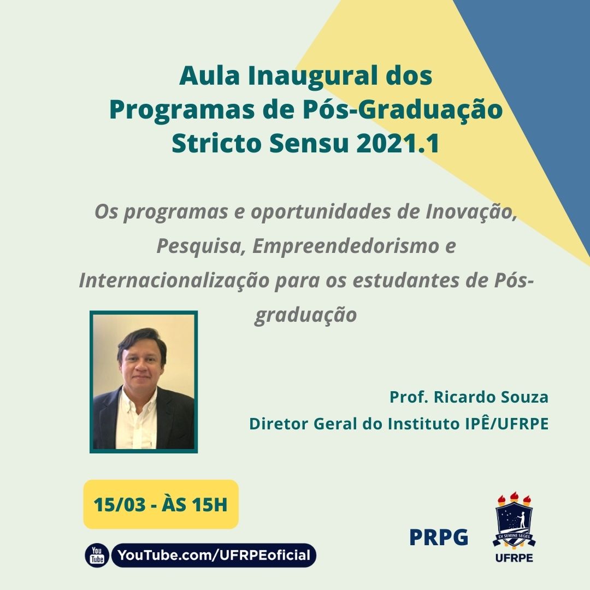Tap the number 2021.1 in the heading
(398, 143)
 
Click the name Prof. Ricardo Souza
(469, 397)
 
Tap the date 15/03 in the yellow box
(119, 504)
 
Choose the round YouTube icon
(97, 555)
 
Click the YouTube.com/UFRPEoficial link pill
(214, 556)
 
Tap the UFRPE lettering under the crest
(514, 558)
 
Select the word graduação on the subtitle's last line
(305, 315)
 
